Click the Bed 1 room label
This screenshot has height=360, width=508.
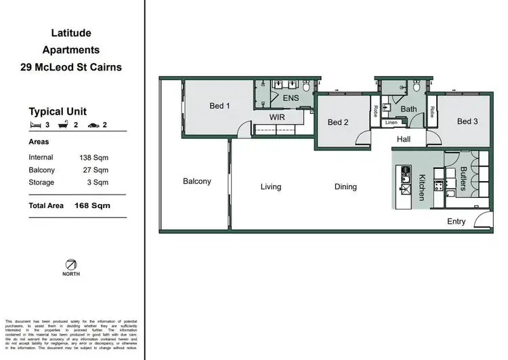coord(219,106)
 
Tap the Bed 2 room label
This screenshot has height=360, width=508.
coord(337,123)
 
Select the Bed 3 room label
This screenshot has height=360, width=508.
coord(467,122)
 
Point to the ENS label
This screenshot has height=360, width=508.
coord(290,98)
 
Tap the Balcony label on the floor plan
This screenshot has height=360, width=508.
coord(197,182)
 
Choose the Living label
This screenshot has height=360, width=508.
coord(271,187)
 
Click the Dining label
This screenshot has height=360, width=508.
coord(345,187)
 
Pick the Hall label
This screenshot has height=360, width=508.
coord(404,139)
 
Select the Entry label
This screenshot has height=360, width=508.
coord(457,222)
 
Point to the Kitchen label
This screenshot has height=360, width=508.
coord(421,187)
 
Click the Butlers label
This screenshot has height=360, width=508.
coord(463,180)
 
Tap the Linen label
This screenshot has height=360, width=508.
coord(391,123)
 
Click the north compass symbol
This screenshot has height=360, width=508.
coord(71,264)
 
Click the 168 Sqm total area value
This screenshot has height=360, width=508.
coord(92,205)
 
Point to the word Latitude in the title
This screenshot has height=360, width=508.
coord(71,33)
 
